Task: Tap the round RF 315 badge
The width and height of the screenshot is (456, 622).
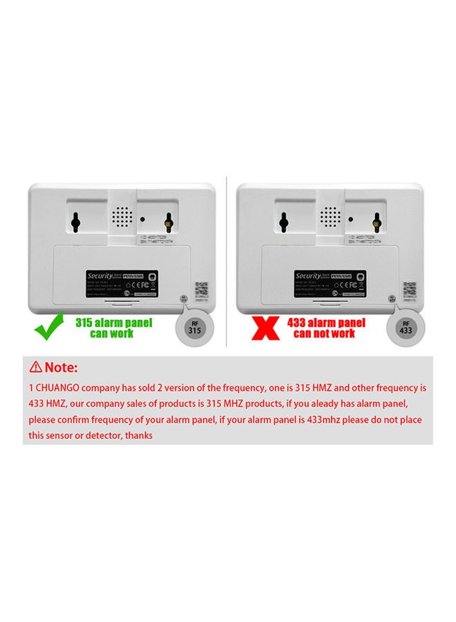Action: click(196, 326)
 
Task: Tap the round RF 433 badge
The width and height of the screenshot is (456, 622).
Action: click(407, 326)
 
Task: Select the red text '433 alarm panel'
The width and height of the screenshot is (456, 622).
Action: click(325, 323)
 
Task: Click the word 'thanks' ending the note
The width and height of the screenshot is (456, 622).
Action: click(139, 436)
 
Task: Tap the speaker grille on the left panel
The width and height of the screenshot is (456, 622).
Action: click(122, 218)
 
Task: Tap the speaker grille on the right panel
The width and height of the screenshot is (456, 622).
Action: click(333, 218)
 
